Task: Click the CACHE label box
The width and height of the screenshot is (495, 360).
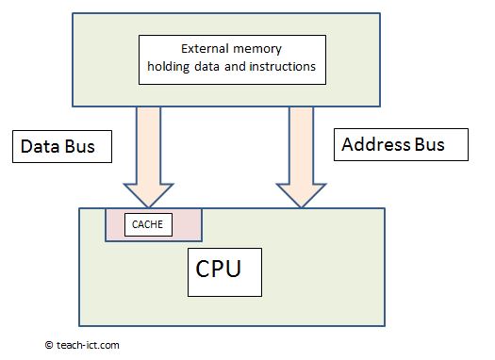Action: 147,224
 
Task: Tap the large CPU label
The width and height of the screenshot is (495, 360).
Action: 219,268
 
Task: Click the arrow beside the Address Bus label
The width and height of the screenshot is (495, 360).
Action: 300,155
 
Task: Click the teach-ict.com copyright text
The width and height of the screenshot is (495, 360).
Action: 87,346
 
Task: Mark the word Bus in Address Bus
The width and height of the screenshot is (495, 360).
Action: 426,145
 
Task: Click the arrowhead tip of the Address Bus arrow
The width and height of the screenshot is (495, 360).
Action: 300,205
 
